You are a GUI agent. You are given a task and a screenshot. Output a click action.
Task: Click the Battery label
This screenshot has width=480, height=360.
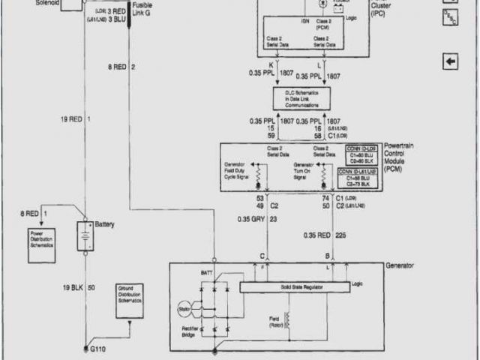point(104,223)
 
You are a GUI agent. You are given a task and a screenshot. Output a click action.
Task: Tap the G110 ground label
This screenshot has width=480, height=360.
point(98,349)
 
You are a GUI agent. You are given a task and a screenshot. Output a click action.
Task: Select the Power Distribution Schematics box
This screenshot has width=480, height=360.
point(42,245)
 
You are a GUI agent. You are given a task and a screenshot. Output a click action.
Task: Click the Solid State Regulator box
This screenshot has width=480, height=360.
point(294,287)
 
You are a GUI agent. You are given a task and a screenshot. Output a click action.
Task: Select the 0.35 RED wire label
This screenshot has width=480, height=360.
point(316,235)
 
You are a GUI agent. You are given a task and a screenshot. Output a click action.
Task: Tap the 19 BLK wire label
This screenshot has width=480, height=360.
point(72,288)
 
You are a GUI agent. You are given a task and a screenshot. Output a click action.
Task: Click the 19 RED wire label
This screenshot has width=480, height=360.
point(72,119)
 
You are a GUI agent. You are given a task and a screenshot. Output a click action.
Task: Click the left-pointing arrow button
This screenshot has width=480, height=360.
point(450,61)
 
